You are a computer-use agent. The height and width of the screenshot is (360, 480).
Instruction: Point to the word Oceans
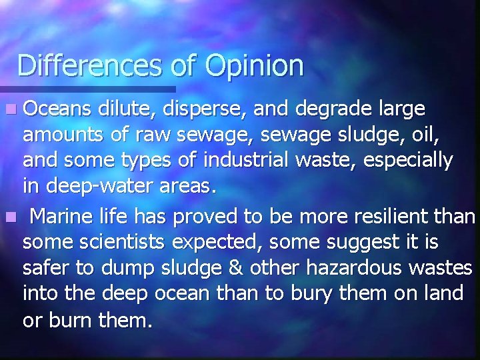click(x=56, y=108)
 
